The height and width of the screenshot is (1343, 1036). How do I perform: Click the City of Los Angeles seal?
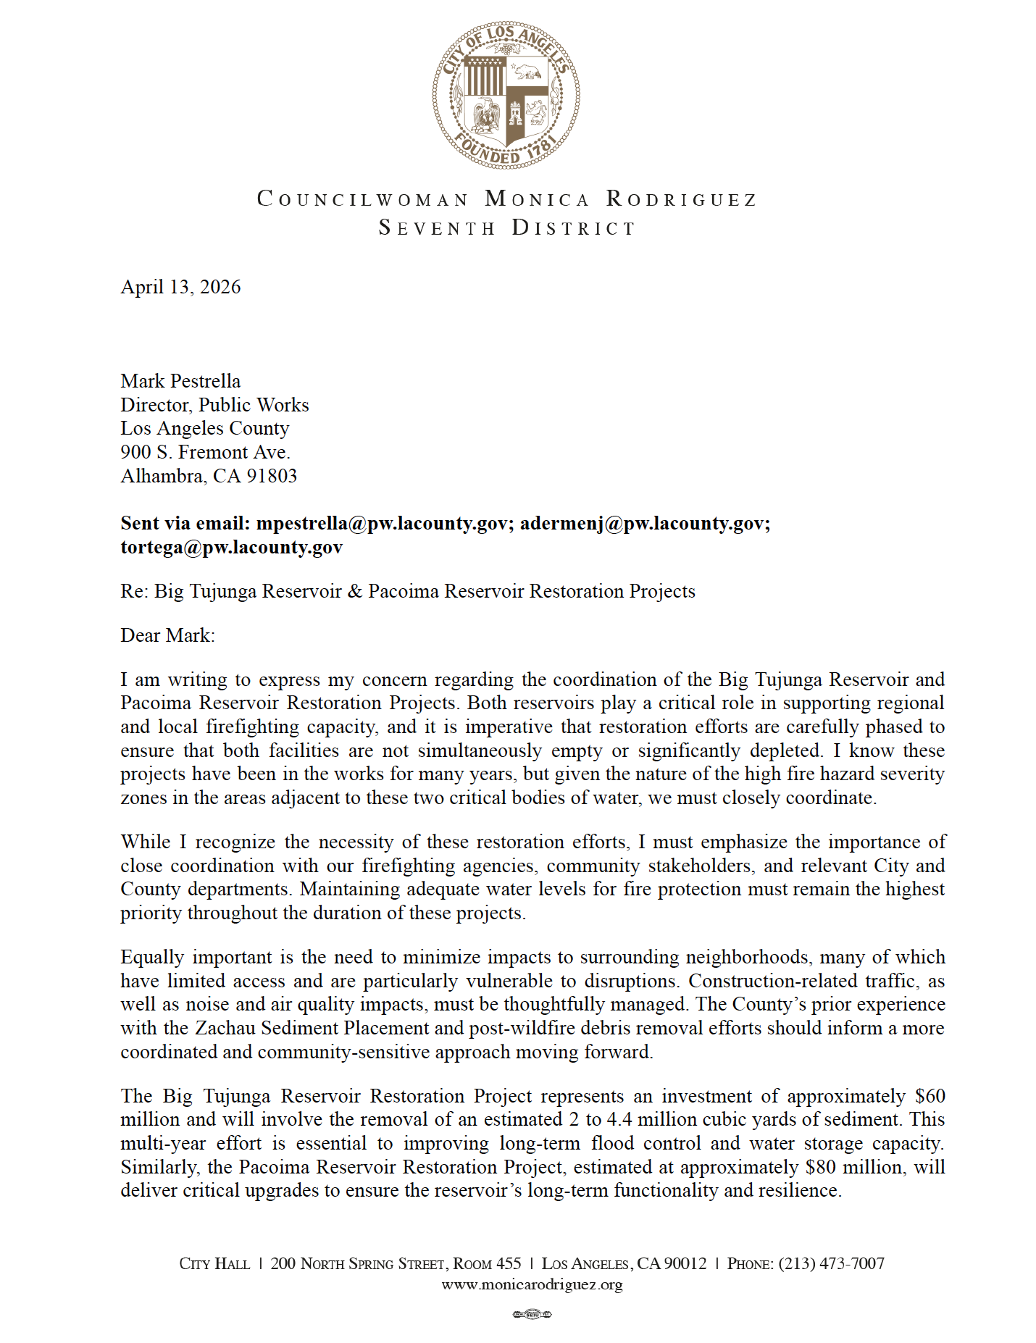(x=506, y=95)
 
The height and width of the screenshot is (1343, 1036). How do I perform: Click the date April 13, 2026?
(x=180, y=287)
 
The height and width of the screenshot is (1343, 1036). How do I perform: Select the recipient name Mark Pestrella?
(x=180, y=381)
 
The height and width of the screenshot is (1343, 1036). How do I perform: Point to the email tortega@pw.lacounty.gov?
(x=232, y=547)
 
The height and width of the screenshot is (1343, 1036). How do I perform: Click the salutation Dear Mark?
(x=167, y=635)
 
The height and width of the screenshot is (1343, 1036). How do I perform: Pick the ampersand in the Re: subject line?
(x=355, y=591)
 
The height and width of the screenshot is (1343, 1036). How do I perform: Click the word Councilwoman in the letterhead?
(x=363, y=199)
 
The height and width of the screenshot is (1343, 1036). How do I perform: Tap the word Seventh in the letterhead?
(x=437, y=228)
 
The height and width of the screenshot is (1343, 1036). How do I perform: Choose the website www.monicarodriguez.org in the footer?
(x=532, y=1285)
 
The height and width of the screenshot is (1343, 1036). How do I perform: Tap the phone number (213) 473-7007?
(x=831, y=1263)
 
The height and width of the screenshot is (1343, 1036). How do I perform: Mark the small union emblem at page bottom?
(x=532, y=1314)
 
